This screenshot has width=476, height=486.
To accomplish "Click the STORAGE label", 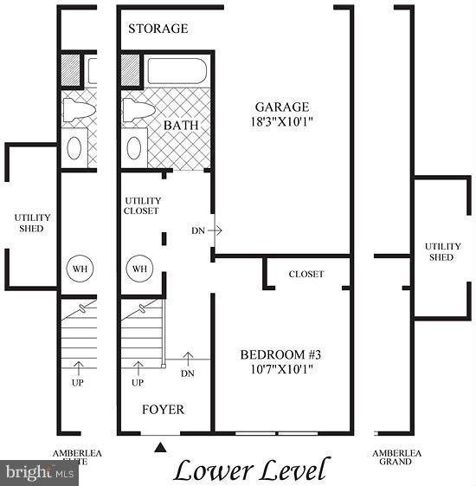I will click(x=158, y=29).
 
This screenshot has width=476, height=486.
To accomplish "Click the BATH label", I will click(x=181, y=126).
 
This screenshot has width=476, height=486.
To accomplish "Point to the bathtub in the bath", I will click(x=177, y=70).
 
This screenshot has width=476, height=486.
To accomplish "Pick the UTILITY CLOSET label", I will click(x=143, y=205).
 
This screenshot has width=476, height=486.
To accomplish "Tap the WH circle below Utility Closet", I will click(x=139, y=269).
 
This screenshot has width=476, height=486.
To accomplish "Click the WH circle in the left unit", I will click(x=79, y=269).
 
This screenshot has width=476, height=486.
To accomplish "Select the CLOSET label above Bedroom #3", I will click(x=306, y=274).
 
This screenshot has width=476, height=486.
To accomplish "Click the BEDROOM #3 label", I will click(x=276, y=354).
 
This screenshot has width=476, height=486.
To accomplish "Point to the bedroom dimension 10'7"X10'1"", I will click(x=276, y=369).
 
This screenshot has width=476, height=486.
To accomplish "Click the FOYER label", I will click(x=164, y=409).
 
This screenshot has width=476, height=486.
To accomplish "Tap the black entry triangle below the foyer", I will click(x=160, y=447).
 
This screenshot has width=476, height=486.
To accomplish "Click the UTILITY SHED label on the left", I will click(x=33, y=223).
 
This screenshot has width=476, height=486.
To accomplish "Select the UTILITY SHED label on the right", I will click(x=442, y=251).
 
